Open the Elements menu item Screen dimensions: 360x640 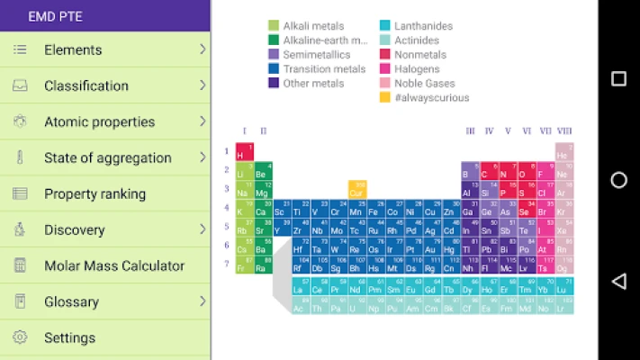[73, 49]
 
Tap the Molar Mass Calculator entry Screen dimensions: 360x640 [114, 265]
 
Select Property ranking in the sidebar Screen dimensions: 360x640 [95, 193]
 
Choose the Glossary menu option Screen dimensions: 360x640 [73, 301]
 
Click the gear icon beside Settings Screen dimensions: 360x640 [20, 337]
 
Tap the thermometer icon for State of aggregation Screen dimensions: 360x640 [20, 157]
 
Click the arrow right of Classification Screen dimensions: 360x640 [203, 85]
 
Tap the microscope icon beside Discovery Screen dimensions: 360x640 [20, 229]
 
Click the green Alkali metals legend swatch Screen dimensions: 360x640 [274, 26]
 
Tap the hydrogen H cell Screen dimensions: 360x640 [244, 152]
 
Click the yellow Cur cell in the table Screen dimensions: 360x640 [357, 190]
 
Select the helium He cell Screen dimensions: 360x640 [563, 152]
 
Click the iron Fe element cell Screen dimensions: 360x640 [373, 210]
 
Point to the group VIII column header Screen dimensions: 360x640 [564, 131]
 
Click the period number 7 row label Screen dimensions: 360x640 [227, 265]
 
